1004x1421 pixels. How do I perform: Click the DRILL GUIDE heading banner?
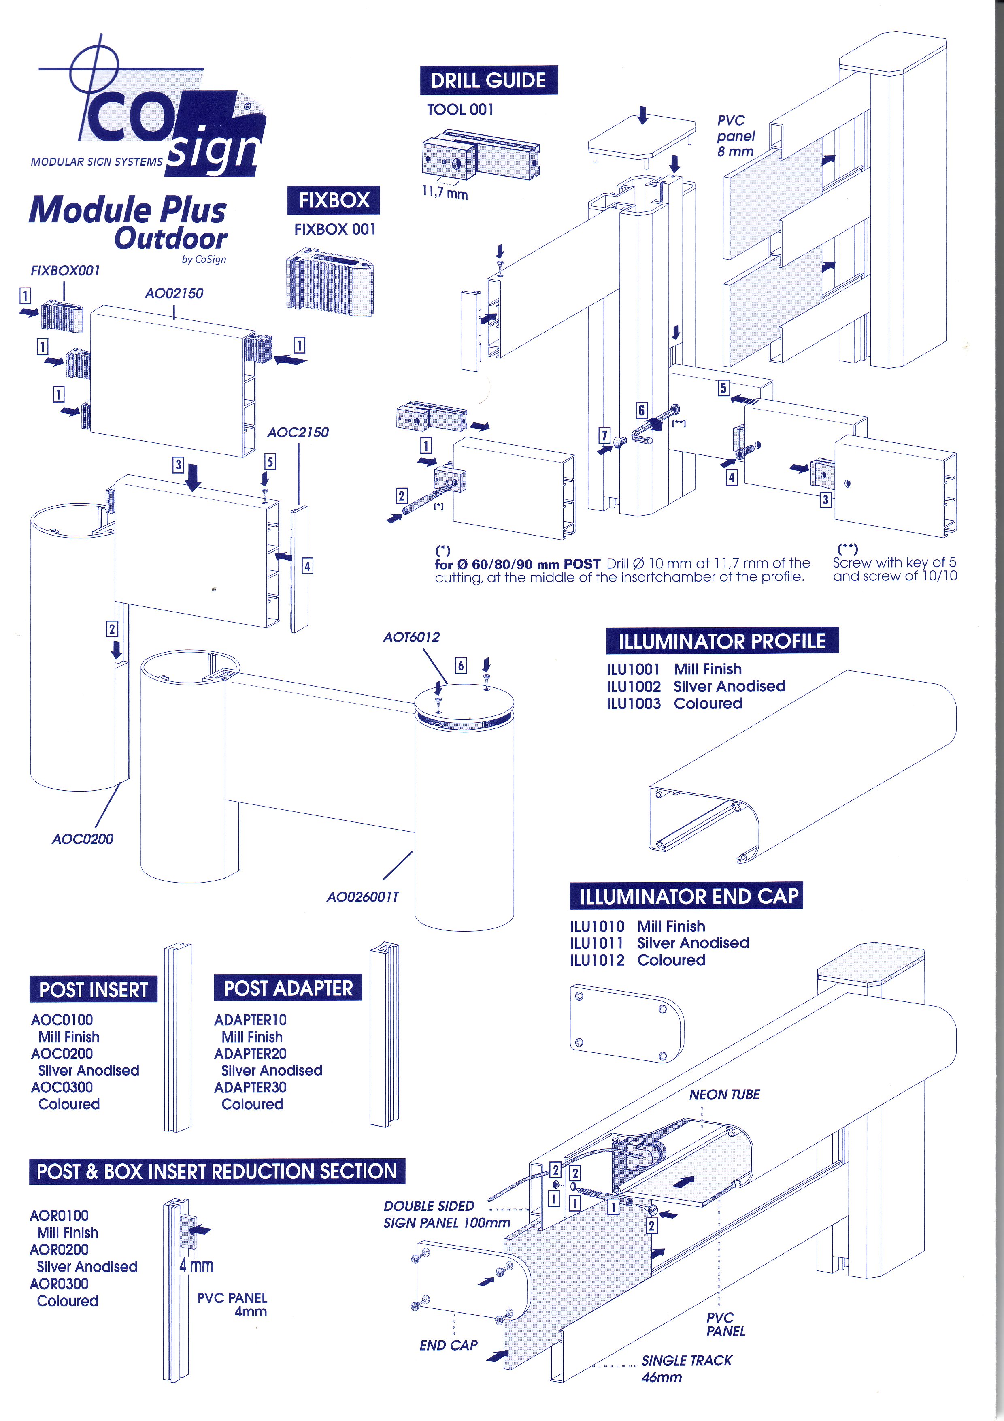click(x=488, y=81)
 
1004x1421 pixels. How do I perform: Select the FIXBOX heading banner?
click(x=334, y=201)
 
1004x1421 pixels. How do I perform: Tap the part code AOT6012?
click(x=411, y=637)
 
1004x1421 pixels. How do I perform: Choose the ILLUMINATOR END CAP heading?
click(x=686, y=896)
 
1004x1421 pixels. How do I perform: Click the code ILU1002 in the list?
click(x=634, y=686)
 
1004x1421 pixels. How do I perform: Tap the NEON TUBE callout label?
click(x=724, y=1094)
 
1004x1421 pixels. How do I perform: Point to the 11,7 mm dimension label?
click(x=445, y=193)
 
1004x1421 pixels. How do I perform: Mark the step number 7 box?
click(x=604, y=435)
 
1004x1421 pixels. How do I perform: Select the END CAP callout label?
click(x=449, y=1345)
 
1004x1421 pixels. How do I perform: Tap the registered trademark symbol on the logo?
click(x=247, y=107)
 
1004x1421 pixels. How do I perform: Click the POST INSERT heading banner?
click(x=94, y=990)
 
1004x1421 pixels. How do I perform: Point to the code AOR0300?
click(x=60, y=1284)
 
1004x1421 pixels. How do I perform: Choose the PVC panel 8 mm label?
click(x=736, y=136)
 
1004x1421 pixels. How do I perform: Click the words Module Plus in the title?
click(x=128, y=210)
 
